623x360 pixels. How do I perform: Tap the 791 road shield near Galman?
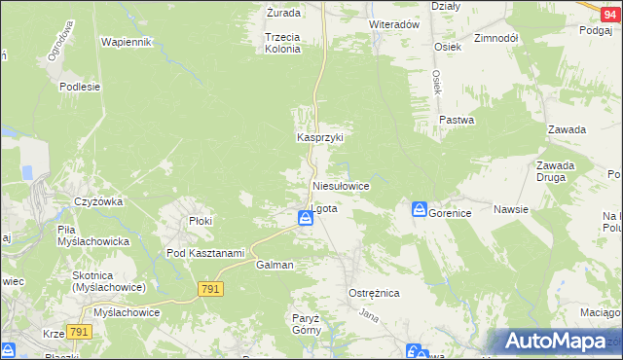pos(211,289)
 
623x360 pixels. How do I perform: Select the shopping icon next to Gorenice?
pos(419,210)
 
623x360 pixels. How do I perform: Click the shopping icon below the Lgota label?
pos(306,221)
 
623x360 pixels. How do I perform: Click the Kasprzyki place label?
pos(320,138)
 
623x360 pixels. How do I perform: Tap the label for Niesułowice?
pos(340,185)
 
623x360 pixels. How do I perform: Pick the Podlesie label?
pos(80,87)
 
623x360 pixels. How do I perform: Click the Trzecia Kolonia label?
pos(282,43)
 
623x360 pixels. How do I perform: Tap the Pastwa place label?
pos(457,121)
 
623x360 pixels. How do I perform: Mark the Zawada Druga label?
pos(555,171)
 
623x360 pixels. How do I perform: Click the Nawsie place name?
pos(510,209)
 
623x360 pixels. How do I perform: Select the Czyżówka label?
pos(97,202)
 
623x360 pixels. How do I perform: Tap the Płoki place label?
pos(201,221)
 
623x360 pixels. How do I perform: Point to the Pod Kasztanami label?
pos(204,253)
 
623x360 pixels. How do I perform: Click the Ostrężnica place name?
pos(374,293)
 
